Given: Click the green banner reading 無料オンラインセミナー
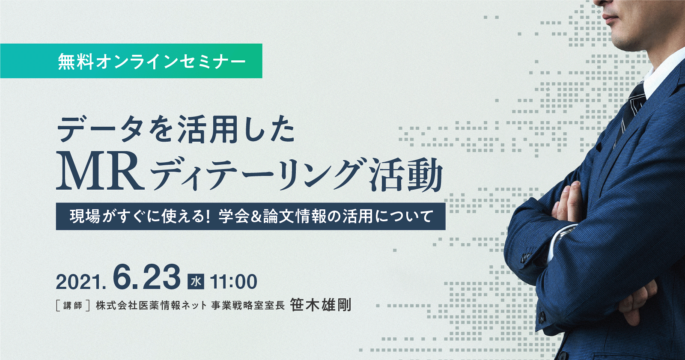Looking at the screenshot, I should pos(131,61).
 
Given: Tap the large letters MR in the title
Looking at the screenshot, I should pos(100,171).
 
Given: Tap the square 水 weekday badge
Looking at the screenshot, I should pos(196,281).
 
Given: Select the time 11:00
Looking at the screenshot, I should pos(233,282).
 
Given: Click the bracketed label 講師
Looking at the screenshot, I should pos(73,306).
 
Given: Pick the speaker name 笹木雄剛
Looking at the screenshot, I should pos(321,305).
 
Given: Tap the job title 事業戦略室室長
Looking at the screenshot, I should pos(248,306).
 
